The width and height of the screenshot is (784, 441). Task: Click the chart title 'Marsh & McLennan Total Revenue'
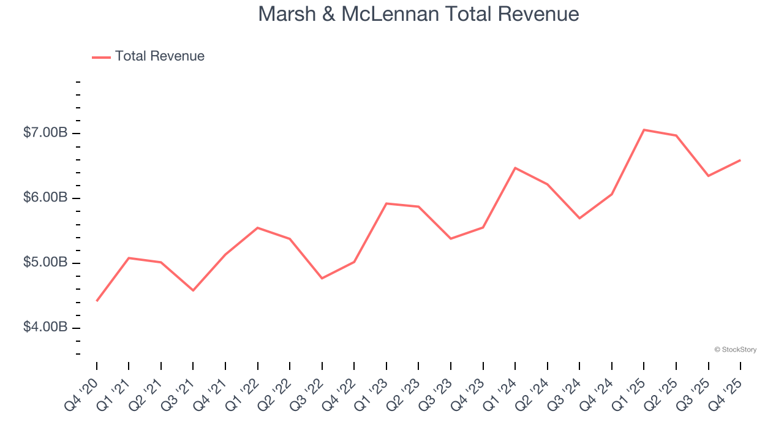coord(418,14)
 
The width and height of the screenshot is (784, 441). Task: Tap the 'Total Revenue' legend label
coord(159,56)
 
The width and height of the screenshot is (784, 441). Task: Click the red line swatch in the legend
coord(101,57)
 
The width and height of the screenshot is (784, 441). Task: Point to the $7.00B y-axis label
coord(45,133)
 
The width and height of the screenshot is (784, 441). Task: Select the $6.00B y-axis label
coord(45,198)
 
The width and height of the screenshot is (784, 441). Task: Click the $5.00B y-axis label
coord(45,263)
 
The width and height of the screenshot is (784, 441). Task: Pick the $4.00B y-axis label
coord(45,328)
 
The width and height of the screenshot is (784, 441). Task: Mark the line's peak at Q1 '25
coord(644,130)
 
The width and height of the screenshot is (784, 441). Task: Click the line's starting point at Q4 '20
coord(97,301)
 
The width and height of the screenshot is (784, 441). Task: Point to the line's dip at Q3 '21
coord(193,290)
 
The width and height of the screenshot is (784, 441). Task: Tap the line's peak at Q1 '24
coord(515,168)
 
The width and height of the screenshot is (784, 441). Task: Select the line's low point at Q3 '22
coord(322,278)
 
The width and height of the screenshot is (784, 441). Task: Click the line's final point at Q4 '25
coord(740,160)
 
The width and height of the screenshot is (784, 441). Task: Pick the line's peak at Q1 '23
coord(386,203)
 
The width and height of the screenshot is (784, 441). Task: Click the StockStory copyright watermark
coord(735,350)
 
